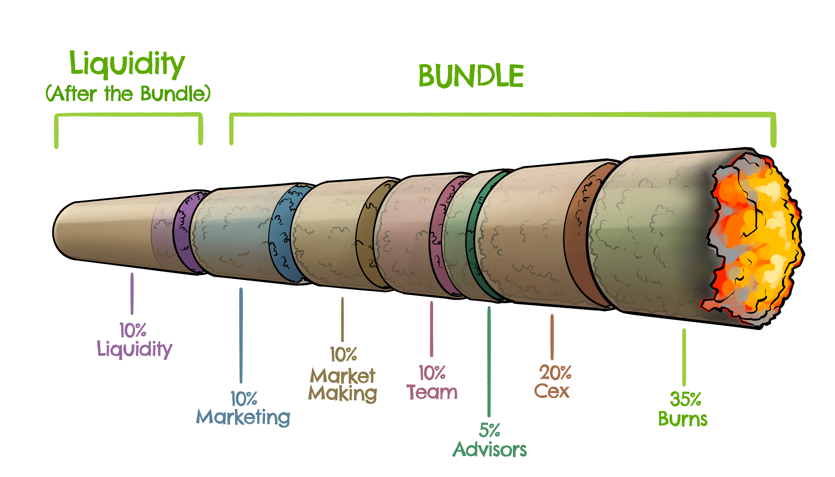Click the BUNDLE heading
click(x=471, y=76)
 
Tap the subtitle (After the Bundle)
click(x=128, y=94)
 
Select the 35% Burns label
click(x=684, y=410)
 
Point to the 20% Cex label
click(x=553, y=382)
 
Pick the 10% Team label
click(x=432, y=383)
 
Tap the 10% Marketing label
click(x=243, y=409)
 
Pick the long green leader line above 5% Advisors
click(x=489, y=360)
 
